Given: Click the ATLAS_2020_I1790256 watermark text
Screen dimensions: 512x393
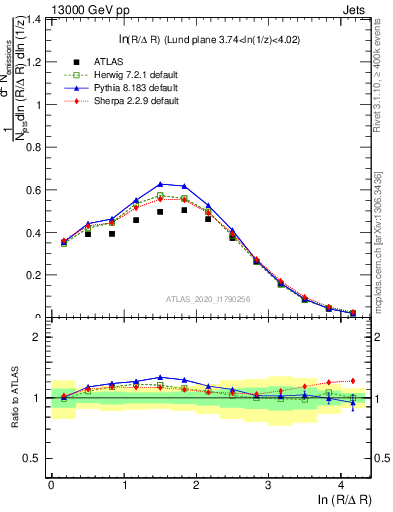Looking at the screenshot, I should click(208, 299).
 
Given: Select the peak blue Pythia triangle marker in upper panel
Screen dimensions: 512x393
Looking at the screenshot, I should click(160, 184).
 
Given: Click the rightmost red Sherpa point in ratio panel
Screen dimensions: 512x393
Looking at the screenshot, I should click(351, 380).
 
